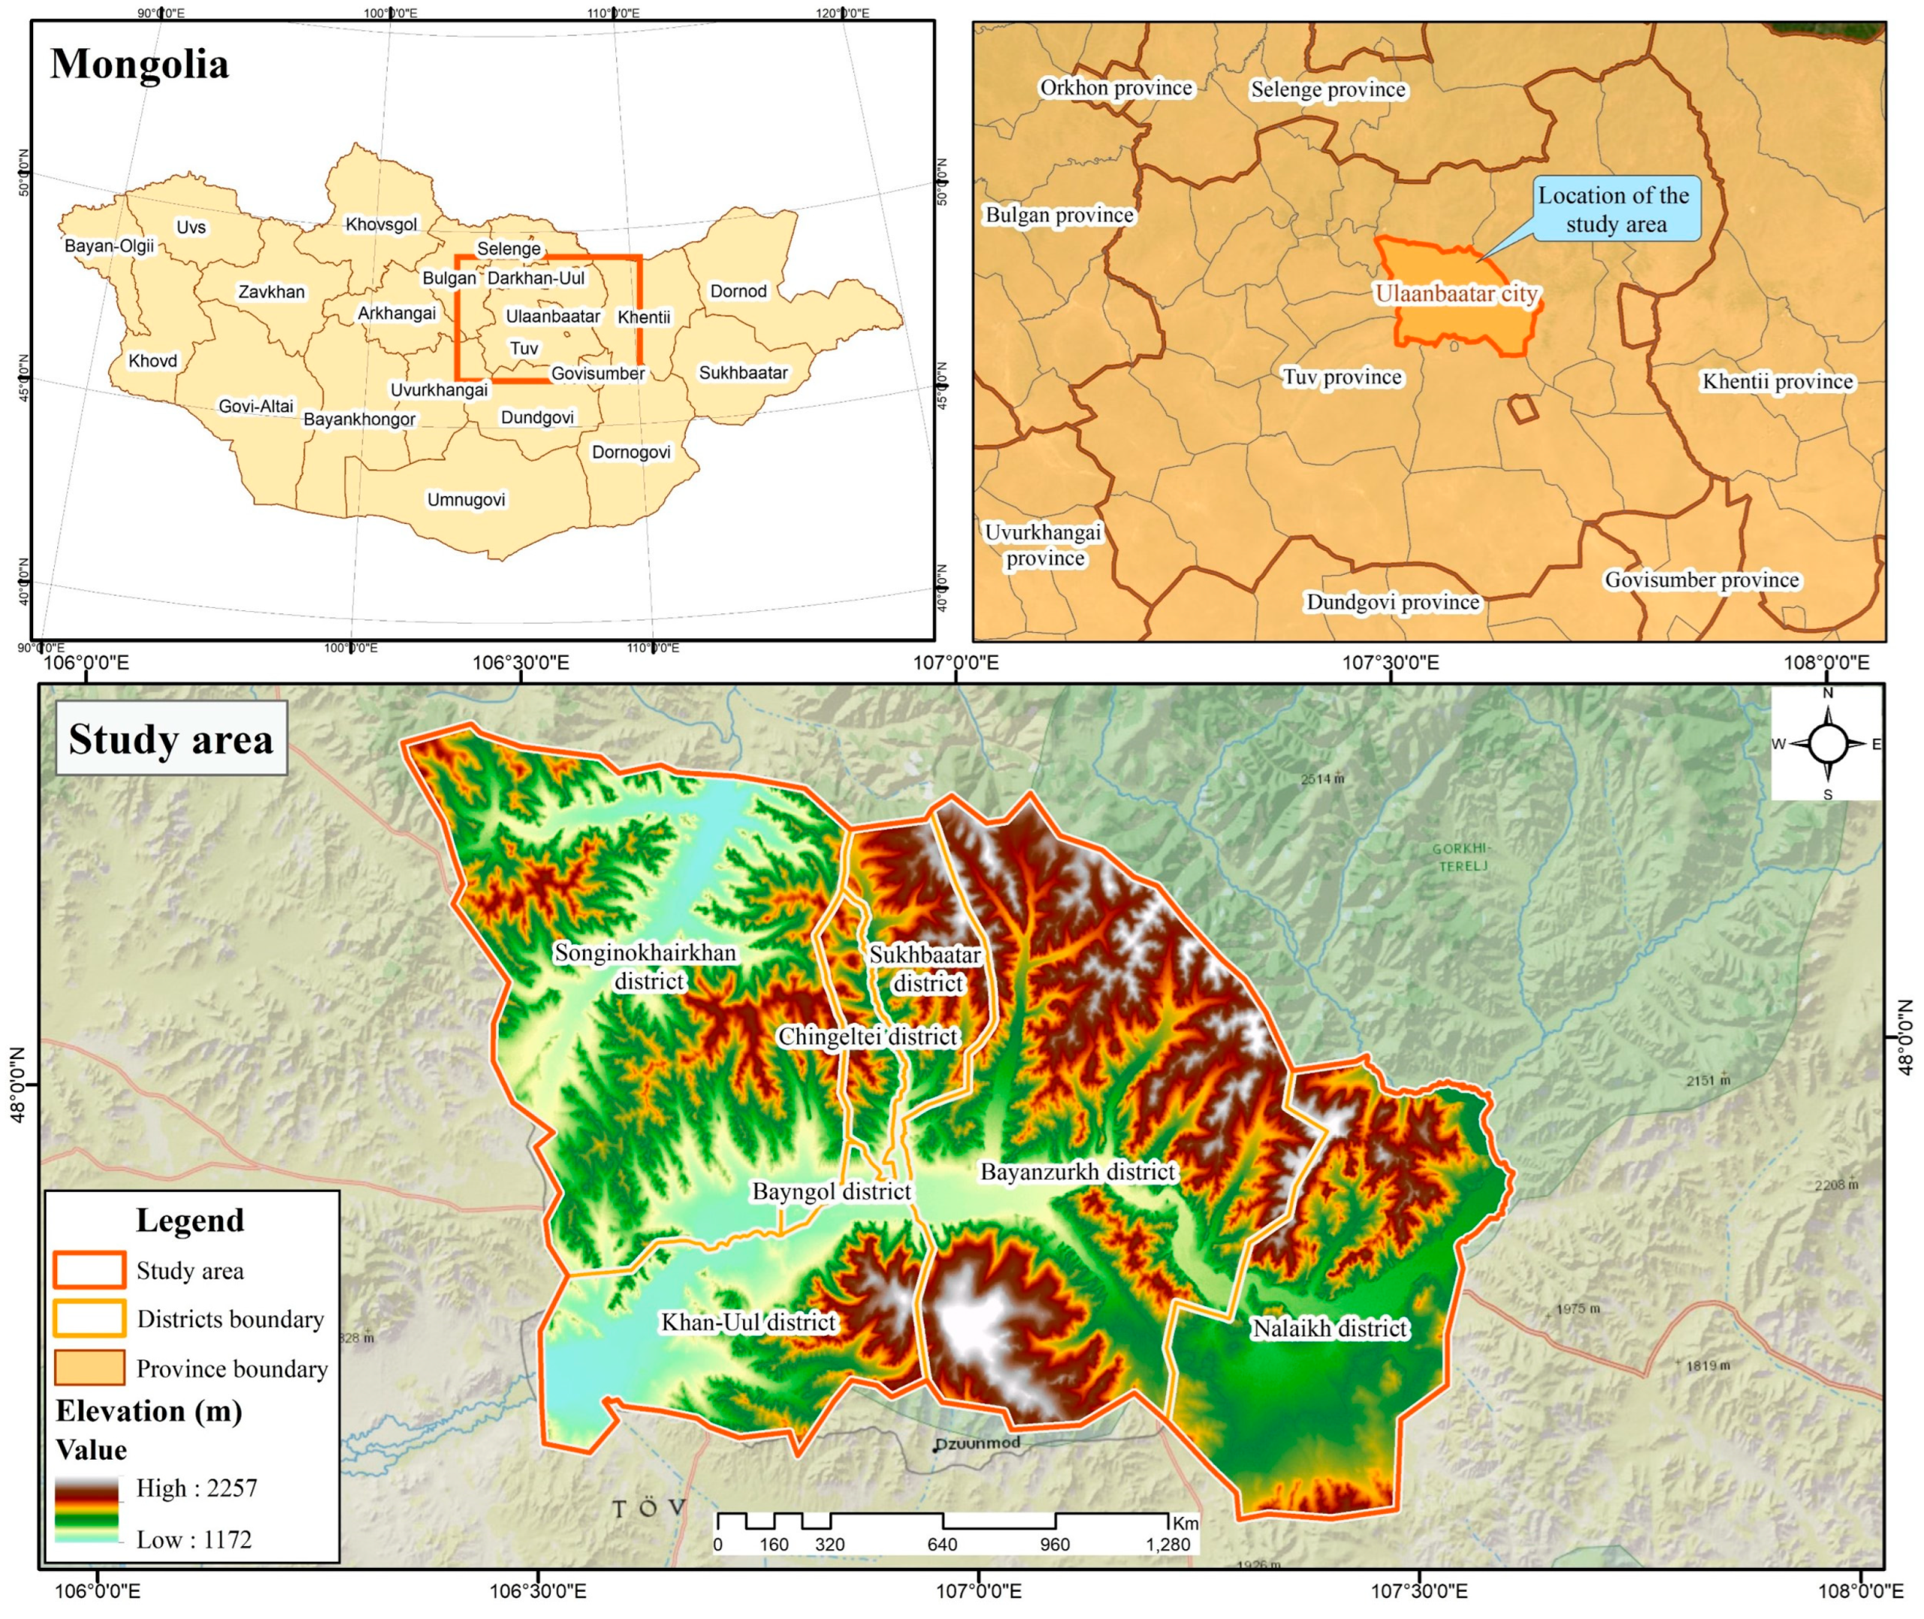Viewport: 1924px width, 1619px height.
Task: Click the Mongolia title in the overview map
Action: [x=140, y=64]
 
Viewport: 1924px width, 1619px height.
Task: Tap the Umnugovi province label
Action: [x=466, y=500]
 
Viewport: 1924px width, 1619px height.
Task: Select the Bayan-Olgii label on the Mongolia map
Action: [x=109, y=246]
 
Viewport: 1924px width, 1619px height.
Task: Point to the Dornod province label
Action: [x=738, y=291]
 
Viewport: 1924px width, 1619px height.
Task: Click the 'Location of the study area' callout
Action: [x=1616, y=210]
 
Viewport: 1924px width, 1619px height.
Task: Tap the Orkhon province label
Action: [x=1116, y=88]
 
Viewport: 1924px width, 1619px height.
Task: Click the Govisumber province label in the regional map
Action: [x=1702, y=580]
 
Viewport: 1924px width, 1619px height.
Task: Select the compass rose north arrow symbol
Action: [x=1827, y=743]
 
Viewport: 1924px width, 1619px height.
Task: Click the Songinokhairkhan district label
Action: [x=646, y=967]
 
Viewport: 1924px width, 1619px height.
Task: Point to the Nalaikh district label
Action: [x=1330, y=1328]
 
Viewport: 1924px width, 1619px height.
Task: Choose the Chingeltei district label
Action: [x=868, y=1036]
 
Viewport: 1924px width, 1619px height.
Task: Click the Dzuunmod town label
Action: [x=978, y=1443]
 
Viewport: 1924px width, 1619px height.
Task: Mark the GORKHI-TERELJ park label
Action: [x=1463, y=856]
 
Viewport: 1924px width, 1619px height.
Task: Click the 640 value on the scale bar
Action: [x=942, y=1545]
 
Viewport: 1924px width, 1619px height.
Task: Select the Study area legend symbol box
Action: [x=89, y=1270]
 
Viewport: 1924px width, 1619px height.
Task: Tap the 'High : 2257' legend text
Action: [x=196, y=1487]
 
